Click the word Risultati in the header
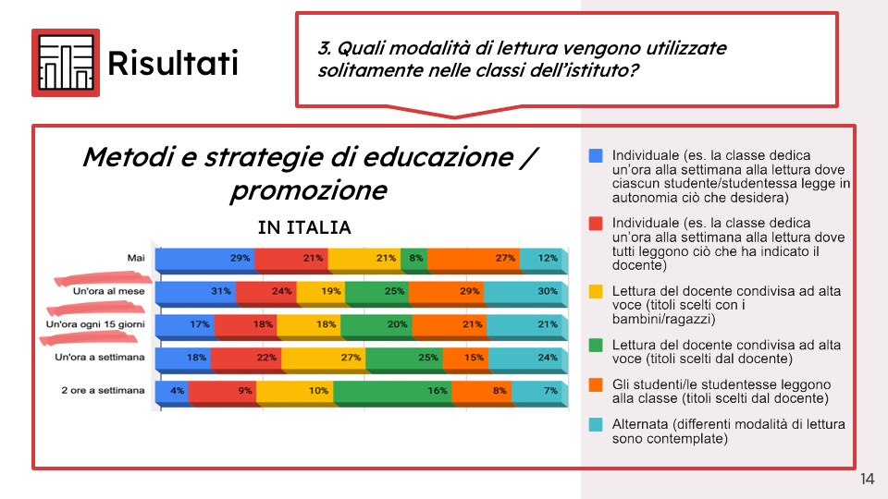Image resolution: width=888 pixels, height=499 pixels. point(173,62)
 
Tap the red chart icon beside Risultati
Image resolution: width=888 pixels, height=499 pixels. point(66,63)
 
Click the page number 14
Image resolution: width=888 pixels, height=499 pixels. point(867,479)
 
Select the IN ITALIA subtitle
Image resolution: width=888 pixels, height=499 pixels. point(304,227)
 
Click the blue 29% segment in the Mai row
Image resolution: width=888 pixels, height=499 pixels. point(205,259)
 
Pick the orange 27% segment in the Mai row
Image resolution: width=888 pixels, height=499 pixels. point(474,259)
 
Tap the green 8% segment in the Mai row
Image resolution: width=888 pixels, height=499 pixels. point(414,259)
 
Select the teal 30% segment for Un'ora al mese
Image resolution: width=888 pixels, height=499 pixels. point(525,292)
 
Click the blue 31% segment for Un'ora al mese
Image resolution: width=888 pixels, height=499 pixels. point(195,292)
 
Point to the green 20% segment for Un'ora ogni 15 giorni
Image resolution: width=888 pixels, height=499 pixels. point(376,325)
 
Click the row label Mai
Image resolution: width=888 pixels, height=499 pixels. point(136,258)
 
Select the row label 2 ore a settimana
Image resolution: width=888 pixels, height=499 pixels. point(103,390)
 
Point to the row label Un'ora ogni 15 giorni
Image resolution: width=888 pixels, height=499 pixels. point(95,324)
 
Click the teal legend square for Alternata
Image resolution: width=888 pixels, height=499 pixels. point(596,424)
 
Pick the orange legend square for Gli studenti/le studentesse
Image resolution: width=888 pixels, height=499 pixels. point(596,384)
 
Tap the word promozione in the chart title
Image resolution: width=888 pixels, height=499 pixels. point(309,190)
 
